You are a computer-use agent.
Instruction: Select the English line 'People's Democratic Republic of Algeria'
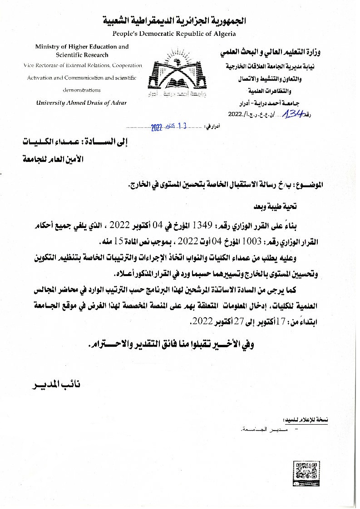click(174, 34)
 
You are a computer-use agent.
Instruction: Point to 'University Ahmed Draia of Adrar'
click(82, 102)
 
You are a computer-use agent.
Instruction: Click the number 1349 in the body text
click(204, 225)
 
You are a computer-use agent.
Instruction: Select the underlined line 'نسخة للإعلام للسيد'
click(305, 420)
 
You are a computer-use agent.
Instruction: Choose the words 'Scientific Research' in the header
click(82, 55)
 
